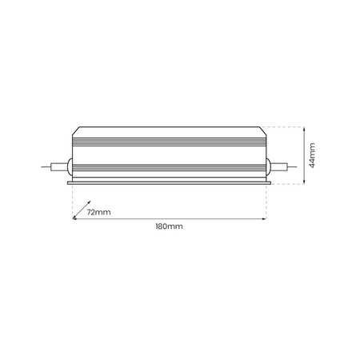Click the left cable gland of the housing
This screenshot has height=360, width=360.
[70, 167]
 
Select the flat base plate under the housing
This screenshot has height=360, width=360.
[168, 183]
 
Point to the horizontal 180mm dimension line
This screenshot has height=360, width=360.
[168, 218]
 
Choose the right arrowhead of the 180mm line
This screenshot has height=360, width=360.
[263, 218]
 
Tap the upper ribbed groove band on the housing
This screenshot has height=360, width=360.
[168, 141]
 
